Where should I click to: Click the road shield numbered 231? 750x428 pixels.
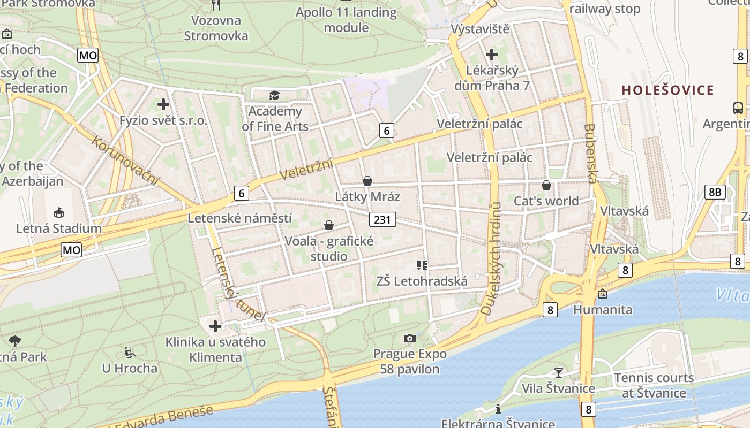click(x=382, y=219)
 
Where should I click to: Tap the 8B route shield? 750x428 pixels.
click(x=715, y=192)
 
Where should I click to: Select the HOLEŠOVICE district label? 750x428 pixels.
click(x=667, y=90)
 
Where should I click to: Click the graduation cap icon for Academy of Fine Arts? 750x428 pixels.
click(x=274, y=95)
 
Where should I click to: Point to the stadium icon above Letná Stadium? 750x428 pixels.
click(x=58, y=212)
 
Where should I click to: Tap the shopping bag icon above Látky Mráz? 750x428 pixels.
click(x=367, y=181)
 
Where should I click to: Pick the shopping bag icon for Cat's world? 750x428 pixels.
click(x=546, y=185)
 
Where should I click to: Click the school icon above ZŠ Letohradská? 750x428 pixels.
click(x=422, y=265)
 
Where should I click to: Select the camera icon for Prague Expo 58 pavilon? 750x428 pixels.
click(x=410, y=338)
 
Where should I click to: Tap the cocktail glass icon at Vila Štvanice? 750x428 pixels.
click(x=559, y=372)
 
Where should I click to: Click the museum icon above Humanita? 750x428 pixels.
click(x=603, y=293)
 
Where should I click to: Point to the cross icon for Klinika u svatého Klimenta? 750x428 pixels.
click(x=215, y=326)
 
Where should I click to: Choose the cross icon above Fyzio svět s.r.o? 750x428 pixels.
click(x=164, y=104)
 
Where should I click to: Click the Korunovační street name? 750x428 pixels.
click(x=125, y=161)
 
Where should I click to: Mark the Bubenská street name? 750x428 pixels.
click(x=590, y=154)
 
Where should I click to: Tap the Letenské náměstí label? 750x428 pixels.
click(x=239, y=218)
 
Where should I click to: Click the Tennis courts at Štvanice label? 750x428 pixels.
click(x=654, y=385)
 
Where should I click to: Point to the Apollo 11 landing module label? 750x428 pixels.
click(x=347, y=20)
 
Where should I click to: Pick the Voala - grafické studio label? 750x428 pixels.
click(x=329, y=248)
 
